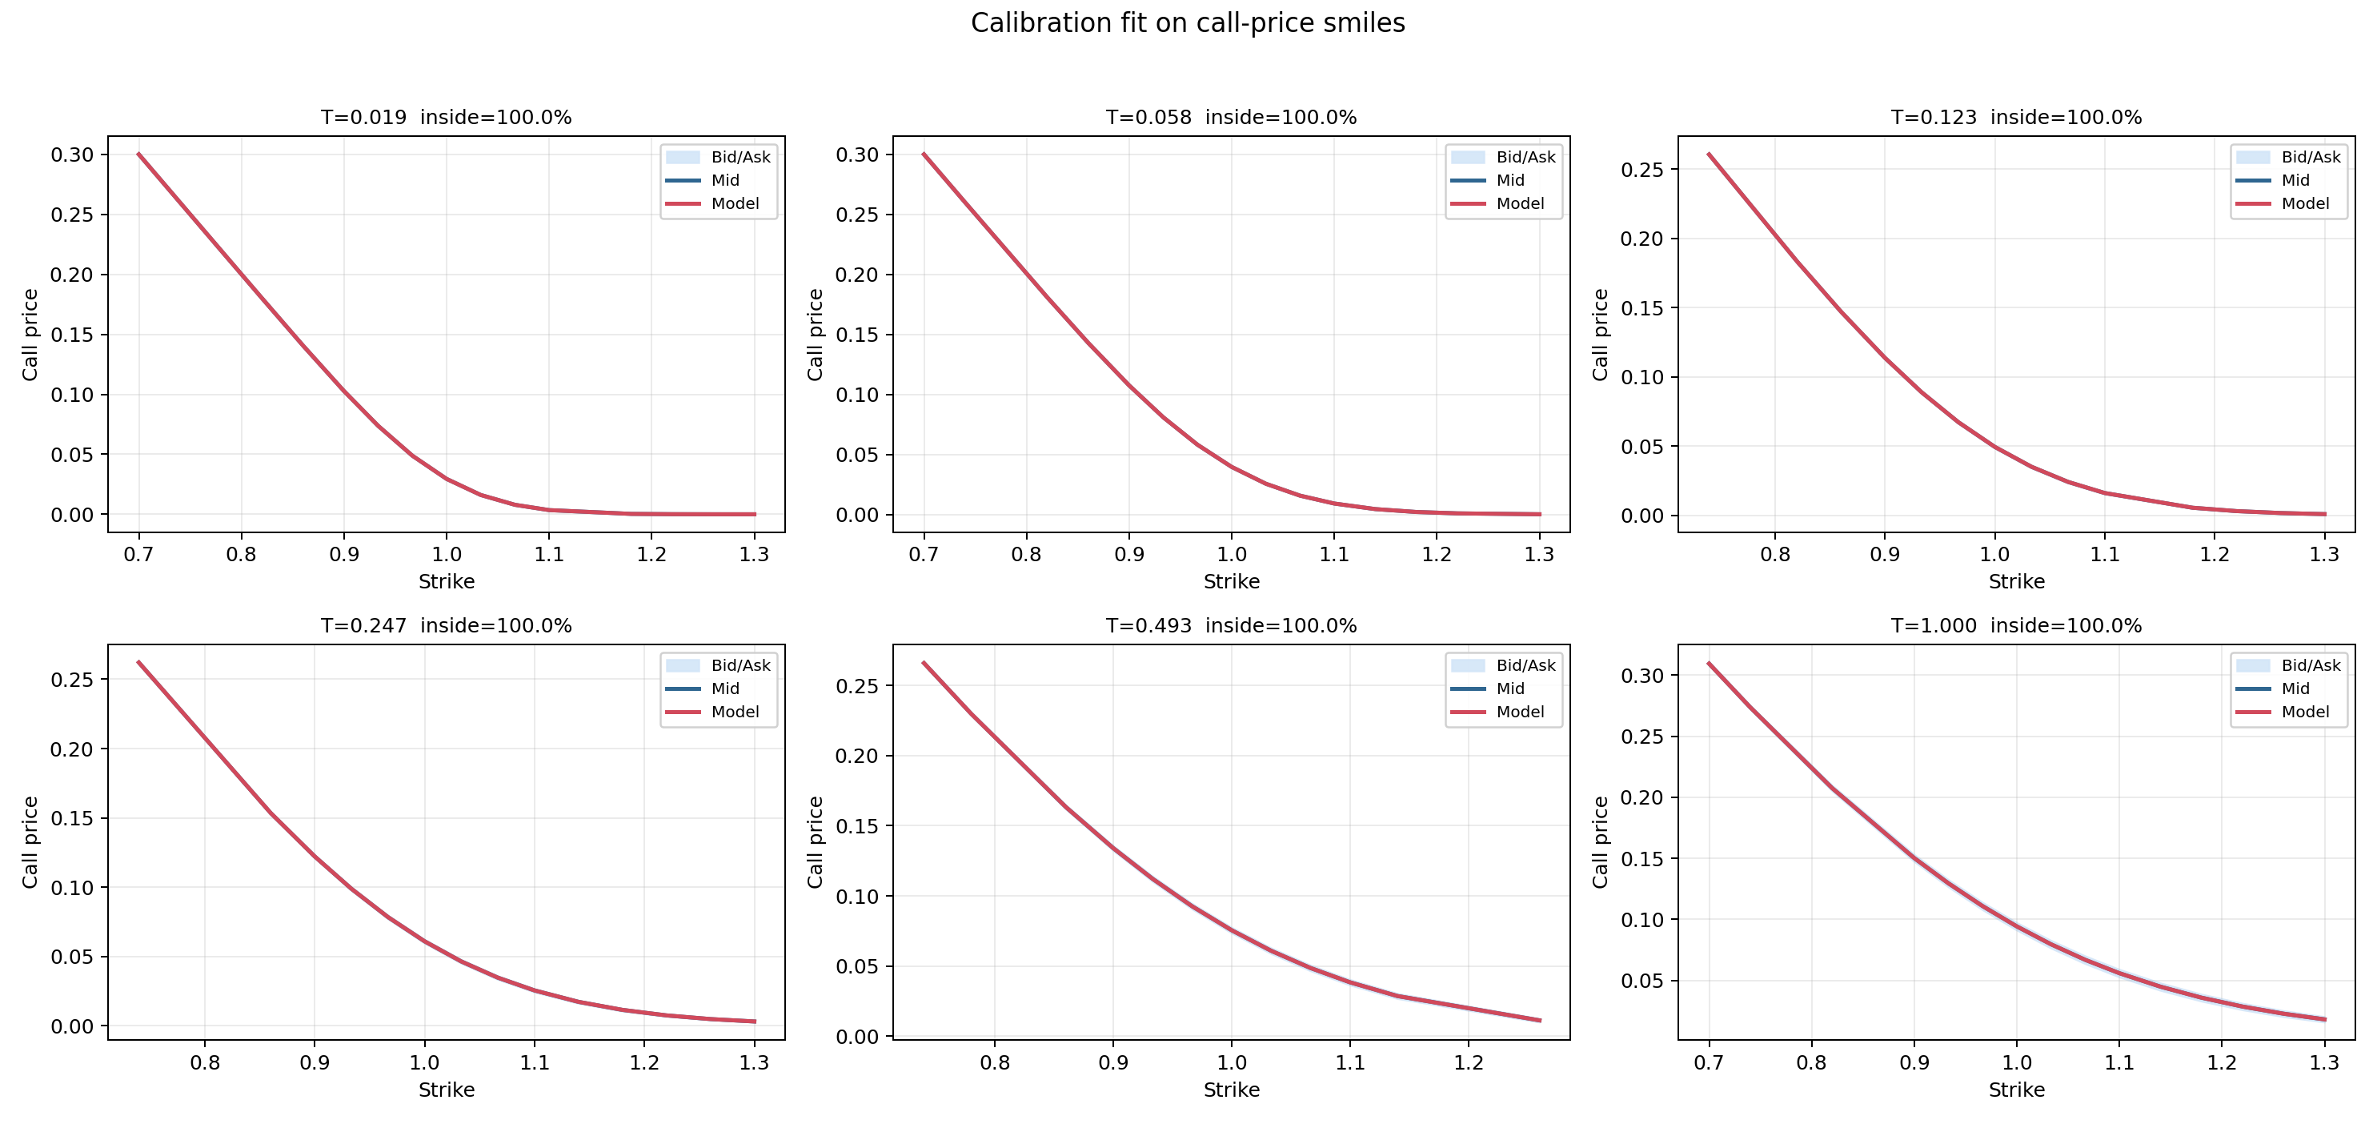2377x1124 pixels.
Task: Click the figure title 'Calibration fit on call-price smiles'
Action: [x=1188, y=23]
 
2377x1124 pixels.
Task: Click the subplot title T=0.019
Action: [x=446, y=117]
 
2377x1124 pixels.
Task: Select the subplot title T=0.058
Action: [x=1231, y=117]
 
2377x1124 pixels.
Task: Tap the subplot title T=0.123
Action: [x=2016, y=117]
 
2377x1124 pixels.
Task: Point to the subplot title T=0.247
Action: [x=446, y=626]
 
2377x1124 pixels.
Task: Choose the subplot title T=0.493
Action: [x=1231, y=626]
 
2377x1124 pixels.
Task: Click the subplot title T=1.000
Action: [x=2016, y=626]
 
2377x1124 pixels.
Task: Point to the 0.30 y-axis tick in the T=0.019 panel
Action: [x=73, y=155]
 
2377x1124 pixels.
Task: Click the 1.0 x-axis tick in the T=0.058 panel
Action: [x=1231, y=555]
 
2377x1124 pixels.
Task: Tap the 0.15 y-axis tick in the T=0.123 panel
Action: [x=1642, y=308]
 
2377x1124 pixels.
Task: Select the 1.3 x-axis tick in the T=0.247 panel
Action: [x=754, y=1063]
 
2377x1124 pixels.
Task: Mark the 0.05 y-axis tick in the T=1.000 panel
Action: [x=1642, y=981]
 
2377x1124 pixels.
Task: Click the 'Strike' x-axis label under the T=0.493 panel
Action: [x=1231, y=1090]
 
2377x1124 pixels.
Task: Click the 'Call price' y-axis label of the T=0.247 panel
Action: [x=30, y=841]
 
